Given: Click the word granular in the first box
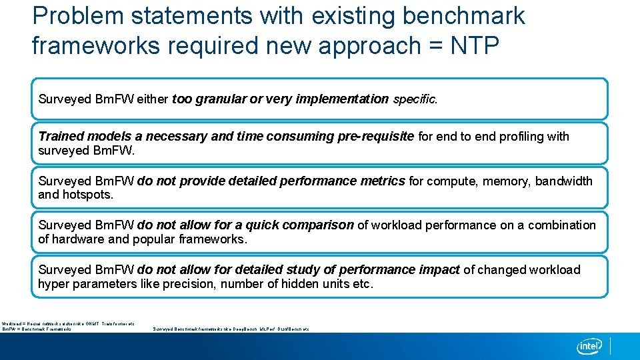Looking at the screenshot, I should (220, 99).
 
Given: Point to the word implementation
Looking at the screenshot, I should (341, 99).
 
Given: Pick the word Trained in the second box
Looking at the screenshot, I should (61, 136).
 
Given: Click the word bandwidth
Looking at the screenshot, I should (563, 181).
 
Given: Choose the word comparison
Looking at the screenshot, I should (317, 225).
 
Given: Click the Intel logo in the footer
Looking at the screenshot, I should (590, 346).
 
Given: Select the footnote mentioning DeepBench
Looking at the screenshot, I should (231, 329).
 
